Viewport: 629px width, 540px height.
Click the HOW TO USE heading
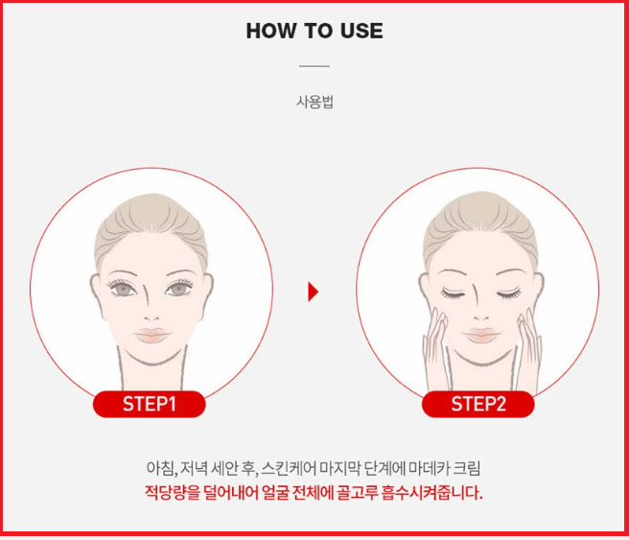[314, 31]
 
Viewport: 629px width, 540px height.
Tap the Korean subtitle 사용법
[314, 103]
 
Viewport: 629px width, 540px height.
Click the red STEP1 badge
[149, 404]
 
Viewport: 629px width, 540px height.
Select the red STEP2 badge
[478, 404]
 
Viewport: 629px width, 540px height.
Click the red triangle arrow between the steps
[313, 292]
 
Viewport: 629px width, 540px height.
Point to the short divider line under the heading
[314, 66]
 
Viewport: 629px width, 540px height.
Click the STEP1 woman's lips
[151, 335]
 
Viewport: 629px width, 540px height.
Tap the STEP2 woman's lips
[478, 335]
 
